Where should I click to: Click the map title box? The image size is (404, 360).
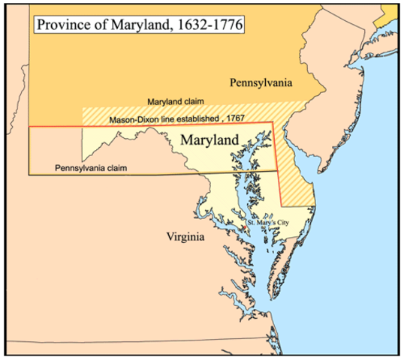pyautogui.click(x=141, y=25)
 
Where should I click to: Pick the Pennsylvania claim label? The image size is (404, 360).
pyautogui.click(x=91, y=167)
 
